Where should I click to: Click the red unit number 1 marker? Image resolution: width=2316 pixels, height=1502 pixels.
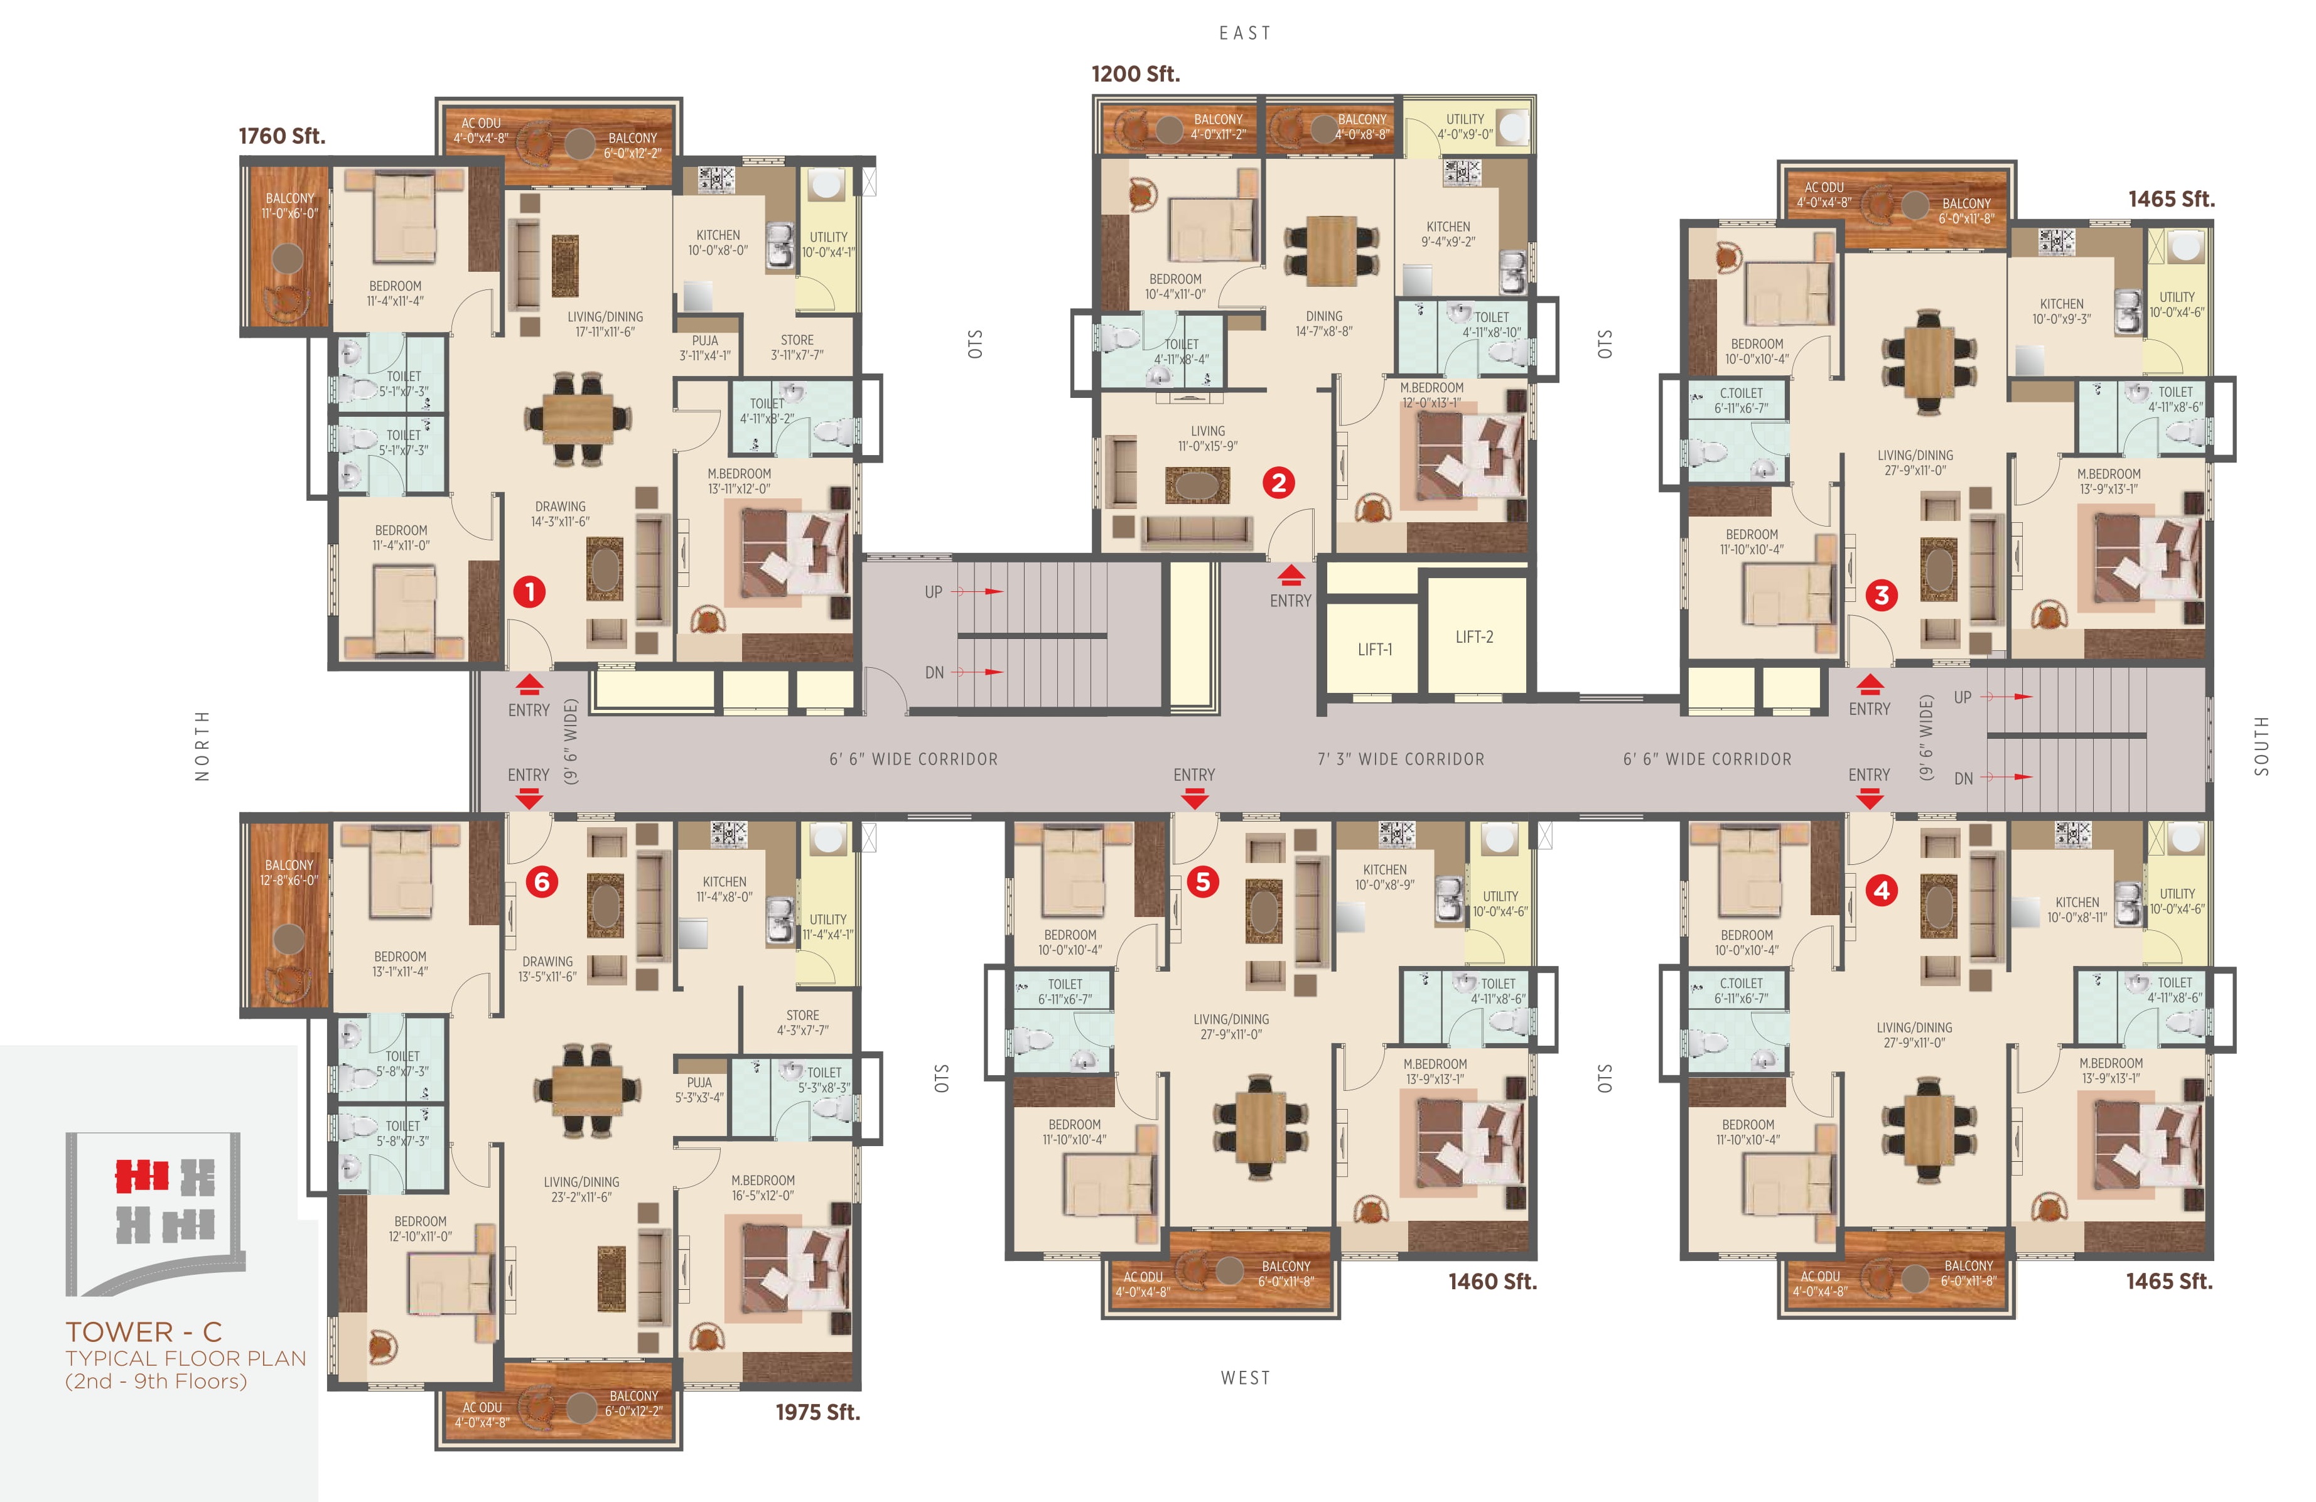[529, 591]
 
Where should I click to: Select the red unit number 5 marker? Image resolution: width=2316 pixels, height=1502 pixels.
[1203, 881]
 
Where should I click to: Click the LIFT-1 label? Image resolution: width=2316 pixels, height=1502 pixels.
[1375, 650]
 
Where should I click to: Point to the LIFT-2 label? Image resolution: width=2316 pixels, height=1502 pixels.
[1474, 637]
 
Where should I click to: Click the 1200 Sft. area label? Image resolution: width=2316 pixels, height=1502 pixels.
[1136, 74]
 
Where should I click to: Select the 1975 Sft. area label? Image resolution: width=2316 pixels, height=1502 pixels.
[817, 1412]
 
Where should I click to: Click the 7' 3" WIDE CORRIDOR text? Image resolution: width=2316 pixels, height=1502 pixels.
[1401, 759]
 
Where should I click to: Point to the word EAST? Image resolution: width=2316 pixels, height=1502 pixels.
[1246, 33]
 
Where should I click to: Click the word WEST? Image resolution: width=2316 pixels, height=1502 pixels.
[1246, 1378]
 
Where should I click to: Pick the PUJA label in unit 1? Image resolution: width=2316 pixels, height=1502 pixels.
[706, 340]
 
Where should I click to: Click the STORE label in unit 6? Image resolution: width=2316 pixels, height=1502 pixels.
[803, 1015]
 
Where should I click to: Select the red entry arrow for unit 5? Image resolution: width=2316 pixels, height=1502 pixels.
[1194, 798]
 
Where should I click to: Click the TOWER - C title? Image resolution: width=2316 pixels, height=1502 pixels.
[144, 1332]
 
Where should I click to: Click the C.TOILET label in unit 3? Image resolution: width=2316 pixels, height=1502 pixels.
[1742, 393]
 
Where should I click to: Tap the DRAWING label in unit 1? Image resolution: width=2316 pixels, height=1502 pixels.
[561, 506]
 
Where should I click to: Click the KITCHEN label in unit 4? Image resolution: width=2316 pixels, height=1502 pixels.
[2077, 902]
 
